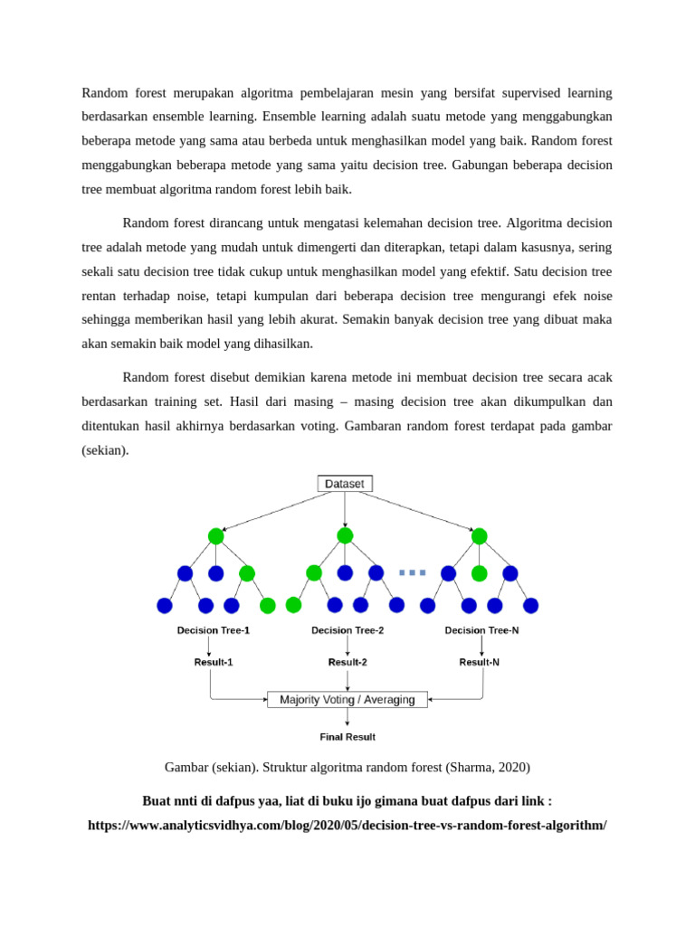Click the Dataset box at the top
(x=345, y=484)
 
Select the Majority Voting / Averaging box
(x=347, y=699)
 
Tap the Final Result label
(x=347, y=737)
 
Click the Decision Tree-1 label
(x=214, y=630)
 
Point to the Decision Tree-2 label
(x=347, y=630)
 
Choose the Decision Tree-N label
(x=481, y=630)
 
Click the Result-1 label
(x=214, y=662)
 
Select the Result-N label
(x=480, y=662)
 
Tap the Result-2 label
(x=347, y=662)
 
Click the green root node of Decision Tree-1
(x=215, y=536)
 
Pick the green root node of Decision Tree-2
(x=345, y=536)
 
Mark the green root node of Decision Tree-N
(x=479, y=536)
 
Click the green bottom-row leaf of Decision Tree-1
(x=267, y=605)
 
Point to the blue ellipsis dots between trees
(x=412, y=572)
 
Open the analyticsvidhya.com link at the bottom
(x=347, y=826)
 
